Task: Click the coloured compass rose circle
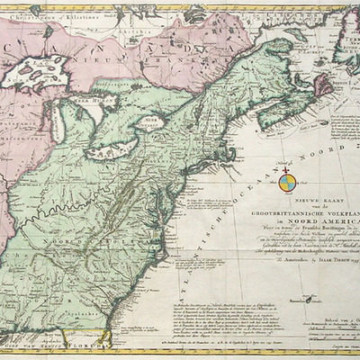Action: pos(286,182)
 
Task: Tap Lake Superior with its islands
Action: pos(36,72)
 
